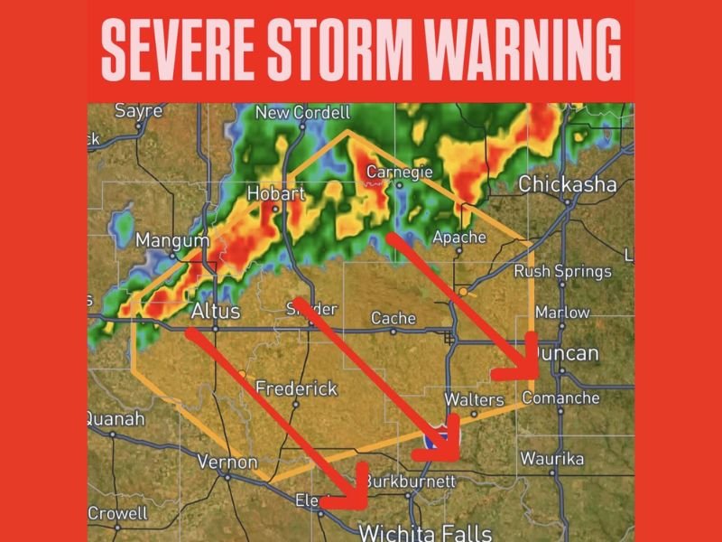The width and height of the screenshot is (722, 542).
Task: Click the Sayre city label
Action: (139, 111)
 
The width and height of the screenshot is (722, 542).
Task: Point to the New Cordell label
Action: (302, 113)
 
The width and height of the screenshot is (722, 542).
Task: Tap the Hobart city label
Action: (276, 193)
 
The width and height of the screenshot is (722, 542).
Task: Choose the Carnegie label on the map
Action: (398, 171)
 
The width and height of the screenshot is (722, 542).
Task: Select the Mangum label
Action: (171, 241)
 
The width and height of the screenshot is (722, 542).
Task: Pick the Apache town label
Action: (459, 238)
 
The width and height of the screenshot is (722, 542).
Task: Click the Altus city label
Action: (216, 311)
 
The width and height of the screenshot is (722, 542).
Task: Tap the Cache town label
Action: (393, 318)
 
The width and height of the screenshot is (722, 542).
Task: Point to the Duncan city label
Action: (568, 352)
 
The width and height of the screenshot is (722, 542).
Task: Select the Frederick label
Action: (296, 388)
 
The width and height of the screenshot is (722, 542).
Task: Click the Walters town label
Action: (474, 399)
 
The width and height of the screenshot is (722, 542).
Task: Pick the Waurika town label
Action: (552, 459)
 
